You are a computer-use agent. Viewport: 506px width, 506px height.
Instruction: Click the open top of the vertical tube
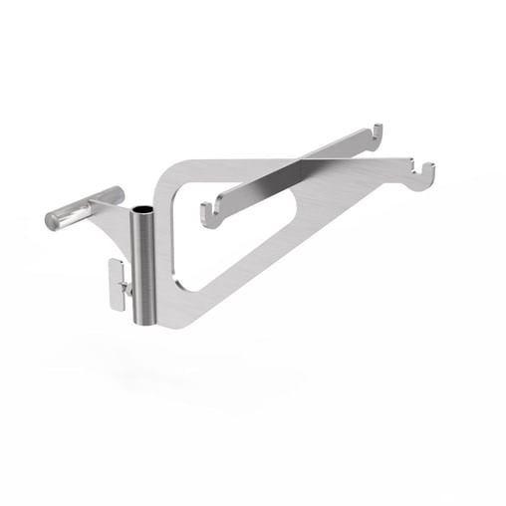click(x=143, y=211)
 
